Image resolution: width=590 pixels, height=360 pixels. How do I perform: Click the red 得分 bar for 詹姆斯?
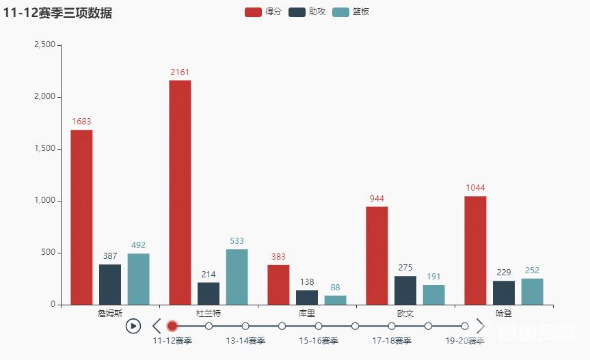click(81, 217)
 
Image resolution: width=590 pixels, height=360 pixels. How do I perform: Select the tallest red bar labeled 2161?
click(180, 192)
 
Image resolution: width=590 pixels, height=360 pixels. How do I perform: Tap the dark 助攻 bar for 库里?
click(307, 297)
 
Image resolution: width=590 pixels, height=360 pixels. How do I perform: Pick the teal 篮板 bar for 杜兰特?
click(237, 277)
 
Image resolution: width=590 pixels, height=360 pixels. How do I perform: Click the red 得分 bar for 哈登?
click(475, 250)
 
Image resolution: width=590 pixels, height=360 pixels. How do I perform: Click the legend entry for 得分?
click(263, 12)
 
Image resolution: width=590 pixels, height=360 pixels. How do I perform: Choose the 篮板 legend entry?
click(351, 12)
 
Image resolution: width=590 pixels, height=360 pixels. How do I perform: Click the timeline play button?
click(133, 326)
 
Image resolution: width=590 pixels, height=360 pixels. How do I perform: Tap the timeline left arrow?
click(157, 326)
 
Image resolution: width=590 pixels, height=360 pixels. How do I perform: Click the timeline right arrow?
click(480, 326)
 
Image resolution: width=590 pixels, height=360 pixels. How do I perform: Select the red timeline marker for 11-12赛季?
click(172, 326)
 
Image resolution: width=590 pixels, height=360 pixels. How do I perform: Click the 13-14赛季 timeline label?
click(245, 340)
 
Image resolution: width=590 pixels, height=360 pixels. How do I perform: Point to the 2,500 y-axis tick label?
click(44, 44)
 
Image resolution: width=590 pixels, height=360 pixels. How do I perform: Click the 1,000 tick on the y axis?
click(44, 201)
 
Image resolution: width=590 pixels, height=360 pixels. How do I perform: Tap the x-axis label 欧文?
click(405, 314)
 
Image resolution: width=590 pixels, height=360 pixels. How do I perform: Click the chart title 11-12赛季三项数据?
click(57, 13)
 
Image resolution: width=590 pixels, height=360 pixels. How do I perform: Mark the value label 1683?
click(81, 122)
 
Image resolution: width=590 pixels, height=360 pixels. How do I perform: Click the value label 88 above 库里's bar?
click(335, 288)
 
